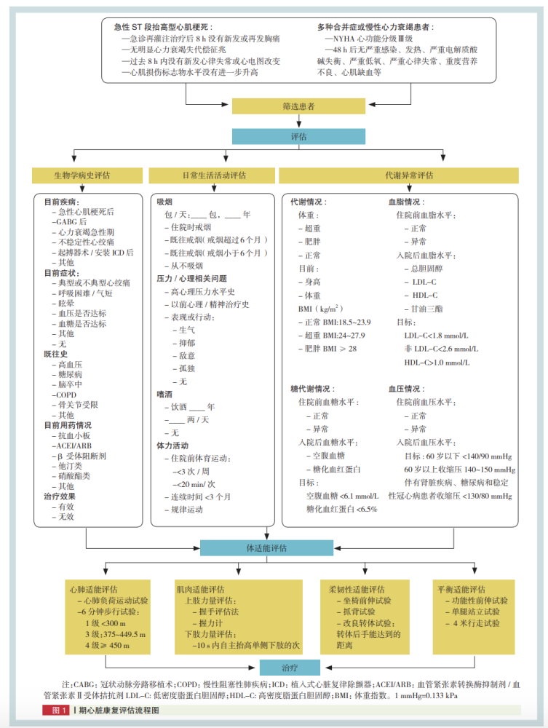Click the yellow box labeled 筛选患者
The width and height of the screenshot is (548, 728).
299,106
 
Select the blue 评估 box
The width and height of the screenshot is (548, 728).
299,137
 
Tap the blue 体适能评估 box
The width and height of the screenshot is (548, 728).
267,548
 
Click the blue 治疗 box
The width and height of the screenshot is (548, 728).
290,668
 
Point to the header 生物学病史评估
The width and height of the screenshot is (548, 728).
82,175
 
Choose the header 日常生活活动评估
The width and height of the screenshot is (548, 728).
214,175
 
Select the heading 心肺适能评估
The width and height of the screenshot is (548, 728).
93,589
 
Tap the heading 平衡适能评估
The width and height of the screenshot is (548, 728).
461,589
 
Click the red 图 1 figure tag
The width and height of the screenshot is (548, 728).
56,711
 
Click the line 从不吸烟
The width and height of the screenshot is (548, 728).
183,266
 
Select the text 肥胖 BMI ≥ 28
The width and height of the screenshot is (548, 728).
327,349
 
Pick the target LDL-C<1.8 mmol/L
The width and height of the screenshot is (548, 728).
436,335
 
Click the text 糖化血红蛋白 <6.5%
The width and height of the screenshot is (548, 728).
342,510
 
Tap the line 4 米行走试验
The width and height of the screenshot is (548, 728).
473,623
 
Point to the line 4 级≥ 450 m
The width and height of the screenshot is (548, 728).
107,645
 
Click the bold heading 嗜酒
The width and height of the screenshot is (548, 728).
164,394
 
